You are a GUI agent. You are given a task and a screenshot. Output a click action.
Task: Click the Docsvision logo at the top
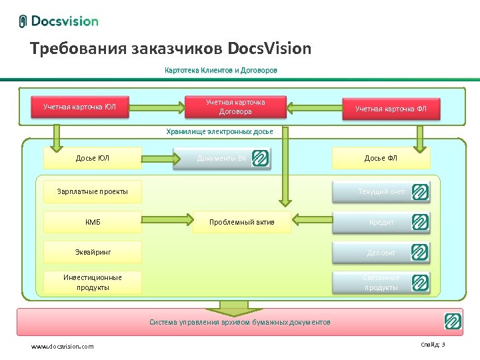[x=59, y=21]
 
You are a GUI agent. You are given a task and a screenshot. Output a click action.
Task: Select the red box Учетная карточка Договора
[x=235, y=107]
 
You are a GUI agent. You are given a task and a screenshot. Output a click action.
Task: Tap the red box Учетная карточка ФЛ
[x=391, y=108]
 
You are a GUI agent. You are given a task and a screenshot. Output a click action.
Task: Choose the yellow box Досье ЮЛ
[x=93, y=158]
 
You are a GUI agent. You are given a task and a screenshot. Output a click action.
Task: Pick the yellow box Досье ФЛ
[x=381, y=158]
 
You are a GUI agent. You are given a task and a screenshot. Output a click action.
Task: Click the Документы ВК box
[x=213, y=158]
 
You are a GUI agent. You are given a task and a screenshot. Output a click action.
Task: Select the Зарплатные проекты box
[x=93, y=192]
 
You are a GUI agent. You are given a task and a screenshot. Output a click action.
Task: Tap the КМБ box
[x=93, y=222]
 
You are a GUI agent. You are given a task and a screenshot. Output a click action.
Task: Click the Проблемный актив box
[x=241, y=222]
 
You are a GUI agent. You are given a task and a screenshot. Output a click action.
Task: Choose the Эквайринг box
[x=93, y=252]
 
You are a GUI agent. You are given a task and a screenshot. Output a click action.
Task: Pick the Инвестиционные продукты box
[x=93, y=282]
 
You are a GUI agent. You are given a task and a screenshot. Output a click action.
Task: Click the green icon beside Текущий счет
[x=420, y=192]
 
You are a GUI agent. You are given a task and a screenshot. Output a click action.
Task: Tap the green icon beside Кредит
[x=420, y=222]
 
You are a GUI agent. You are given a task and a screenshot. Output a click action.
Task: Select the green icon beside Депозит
[x=420, y=252]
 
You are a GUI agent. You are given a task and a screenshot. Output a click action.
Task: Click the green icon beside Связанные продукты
[x=420, y=282]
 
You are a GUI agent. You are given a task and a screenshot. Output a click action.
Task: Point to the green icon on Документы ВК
[x=260, y=158]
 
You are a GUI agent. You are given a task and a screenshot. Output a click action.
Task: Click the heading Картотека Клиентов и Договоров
[x=221, y=70]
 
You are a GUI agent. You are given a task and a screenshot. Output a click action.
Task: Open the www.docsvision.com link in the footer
[x=63, y=346]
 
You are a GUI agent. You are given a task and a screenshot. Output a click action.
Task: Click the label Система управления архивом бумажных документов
[x=239, y=322]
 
